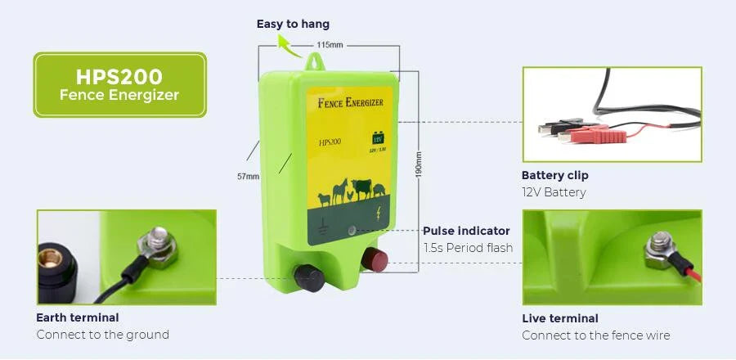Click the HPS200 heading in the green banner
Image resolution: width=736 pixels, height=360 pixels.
119,77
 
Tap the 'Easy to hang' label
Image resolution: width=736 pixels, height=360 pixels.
293,24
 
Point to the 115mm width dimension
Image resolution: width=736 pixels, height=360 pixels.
330,43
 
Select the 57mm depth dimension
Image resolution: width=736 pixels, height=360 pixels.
248,176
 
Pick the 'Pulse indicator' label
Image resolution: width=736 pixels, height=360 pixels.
466,232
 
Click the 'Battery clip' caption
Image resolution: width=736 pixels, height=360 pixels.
554,175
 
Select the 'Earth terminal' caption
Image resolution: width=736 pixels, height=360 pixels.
78,317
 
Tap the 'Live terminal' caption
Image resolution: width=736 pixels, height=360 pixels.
560,318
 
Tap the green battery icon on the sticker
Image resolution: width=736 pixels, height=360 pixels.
379,137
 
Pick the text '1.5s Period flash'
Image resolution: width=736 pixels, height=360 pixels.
468,248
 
